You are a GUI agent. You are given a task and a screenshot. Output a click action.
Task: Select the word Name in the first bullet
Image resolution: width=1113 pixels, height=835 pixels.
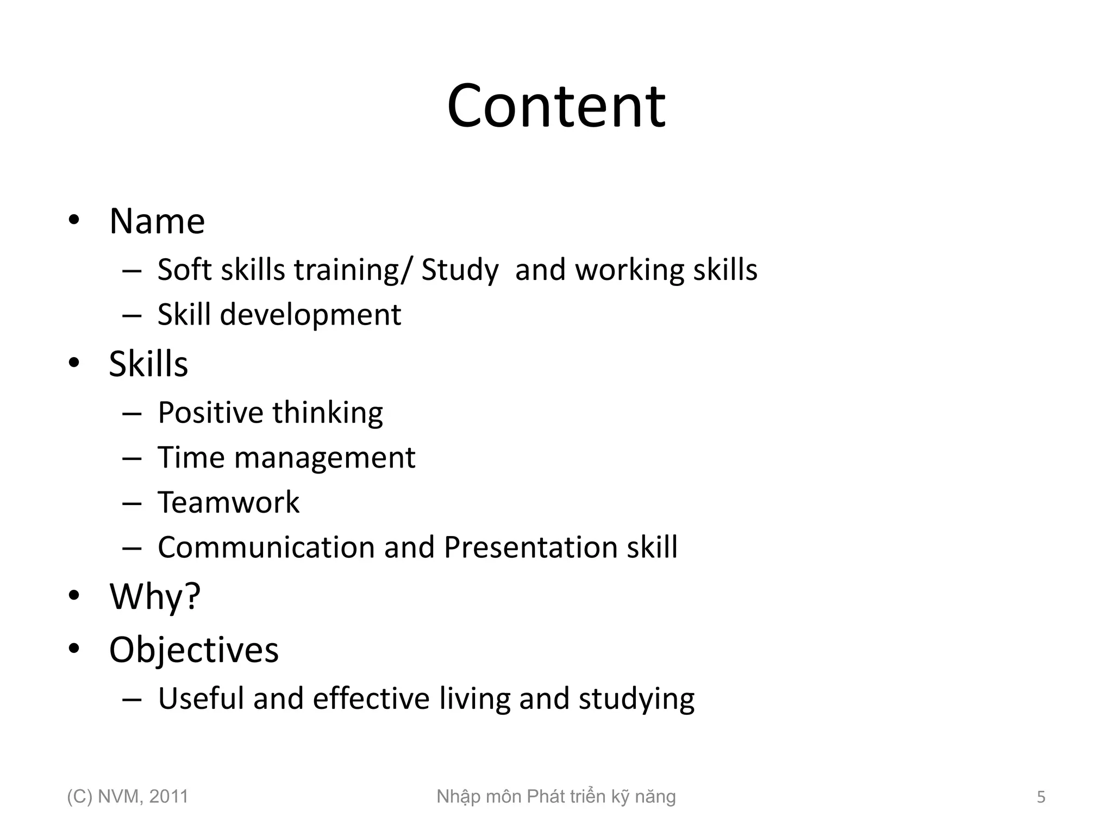click(x=157, y=221)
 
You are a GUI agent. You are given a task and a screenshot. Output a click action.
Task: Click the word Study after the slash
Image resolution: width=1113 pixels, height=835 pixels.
click(x=460, y=271)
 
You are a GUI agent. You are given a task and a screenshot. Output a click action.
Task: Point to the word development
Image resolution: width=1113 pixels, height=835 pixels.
click(x=310, y=315)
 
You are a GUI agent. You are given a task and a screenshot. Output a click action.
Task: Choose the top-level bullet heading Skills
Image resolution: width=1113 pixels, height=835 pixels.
click(x=148, y=364)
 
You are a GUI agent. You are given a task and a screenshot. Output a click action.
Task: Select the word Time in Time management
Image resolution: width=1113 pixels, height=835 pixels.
click(x=190, y=457)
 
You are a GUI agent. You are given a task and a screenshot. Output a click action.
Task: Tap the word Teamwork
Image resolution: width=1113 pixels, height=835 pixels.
click(x=228, y=502)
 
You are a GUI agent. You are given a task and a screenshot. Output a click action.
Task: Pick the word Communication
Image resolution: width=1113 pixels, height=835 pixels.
click(x=266, y=547)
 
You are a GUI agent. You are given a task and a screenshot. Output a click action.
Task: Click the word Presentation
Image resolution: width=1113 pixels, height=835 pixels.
click(x=530, y=547)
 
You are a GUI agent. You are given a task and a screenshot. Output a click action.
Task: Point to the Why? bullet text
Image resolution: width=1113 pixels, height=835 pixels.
click(x=155, y=597)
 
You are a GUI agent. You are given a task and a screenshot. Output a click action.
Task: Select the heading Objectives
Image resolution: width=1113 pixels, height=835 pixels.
click(x=193, y=650)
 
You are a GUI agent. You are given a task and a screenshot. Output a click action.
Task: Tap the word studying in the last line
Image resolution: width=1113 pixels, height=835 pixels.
click(x=636, y=700)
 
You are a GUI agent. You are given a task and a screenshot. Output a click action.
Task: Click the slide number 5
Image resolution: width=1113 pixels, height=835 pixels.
click(x=1041, y=797)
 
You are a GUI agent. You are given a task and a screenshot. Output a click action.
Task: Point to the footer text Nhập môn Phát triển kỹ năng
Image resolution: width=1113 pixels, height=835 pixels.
click(x=556, y=797)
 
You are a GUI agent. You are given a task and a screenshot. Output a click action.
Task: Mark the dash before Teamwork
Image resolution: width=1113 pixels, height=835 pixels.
click(x=132, y=503)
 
